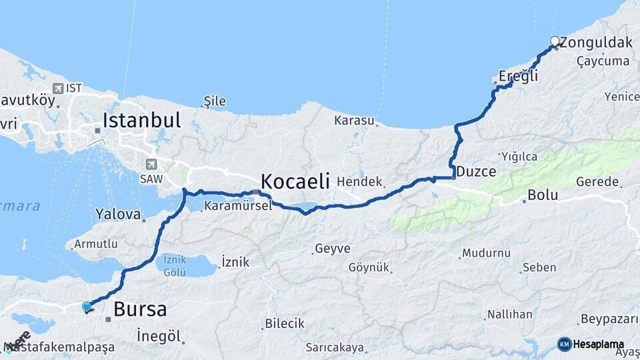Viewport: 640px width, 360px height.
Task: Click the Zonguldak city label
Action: [x=596, y=43]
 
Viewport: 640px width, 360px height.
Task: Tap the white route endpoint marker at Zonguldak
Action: [x=555, y=41]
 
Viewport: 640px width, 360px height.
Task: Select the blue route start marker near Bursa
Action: [x=86, y=307]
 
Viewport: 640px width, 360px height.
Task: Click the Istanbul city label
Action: [x=141, y=121]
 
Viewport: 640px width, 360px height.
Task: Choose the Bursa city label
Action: [x=140, y=309]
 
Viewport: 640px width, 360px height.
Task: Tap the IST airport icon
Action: [x=58, y=88]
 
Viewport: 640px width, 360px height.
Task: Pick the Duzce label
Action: [x=476, y=171]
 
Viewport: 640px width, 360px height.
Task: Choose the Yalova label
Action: [x=118, y=215]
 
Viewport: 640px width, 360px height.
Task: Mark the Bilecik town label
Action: [x=285, y=323]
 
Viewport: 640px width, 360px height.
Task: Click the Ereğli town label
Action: [x=518, y=76]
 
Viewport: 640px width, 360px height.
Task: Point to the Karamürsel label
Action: [x=238, y=206]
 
